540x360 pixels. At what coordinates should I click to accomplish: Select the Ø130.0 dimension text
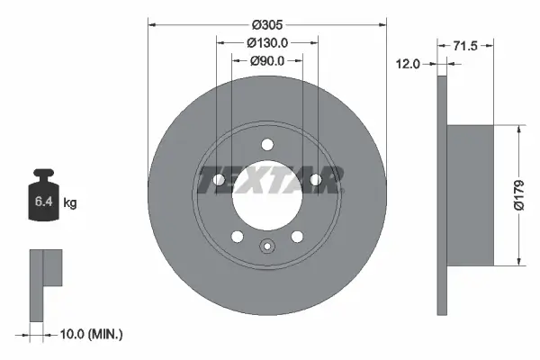pyautogui.click(x=267, y=42)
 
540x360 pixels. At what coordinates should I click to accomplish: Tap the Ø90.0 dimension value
pyautogui.click(x=267, y=60)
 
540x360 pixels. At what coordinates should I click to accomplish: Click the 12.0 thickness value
pyautogui.click(x=410, y=63)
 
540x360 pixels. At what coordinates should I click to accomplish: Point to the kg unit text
pyautogui.click(x=70, y=203)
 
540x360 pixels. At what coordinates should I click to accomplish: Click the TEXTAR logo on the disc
pyautogui.click(x=267, y=180)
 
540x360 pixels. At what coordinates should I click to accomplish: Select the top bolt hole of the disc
pyautogui.click(x=267, y=144)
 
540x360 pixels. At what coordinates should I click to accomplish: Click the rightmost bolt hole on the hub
pyautogui.click(x=316, y=180)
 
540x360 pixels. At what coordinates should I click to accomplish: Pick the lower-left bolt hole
pyautogui.click(x=237, y=237)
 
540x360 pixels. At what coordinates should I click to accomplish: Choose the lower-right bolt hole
pyautogui.click(x=298, y=237)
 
